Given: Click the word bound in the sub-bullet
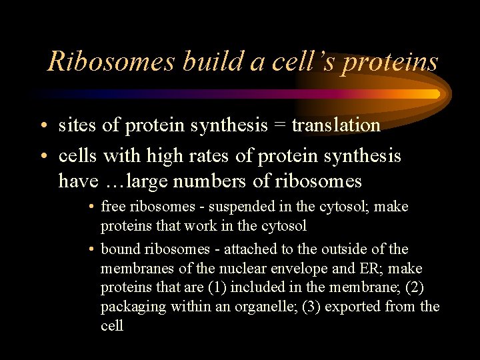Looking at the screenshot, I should [121, 249].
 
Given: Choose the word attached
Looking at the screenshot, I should [252, 249].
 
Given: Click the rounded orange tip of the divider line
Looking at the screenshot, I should [437, 94].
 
